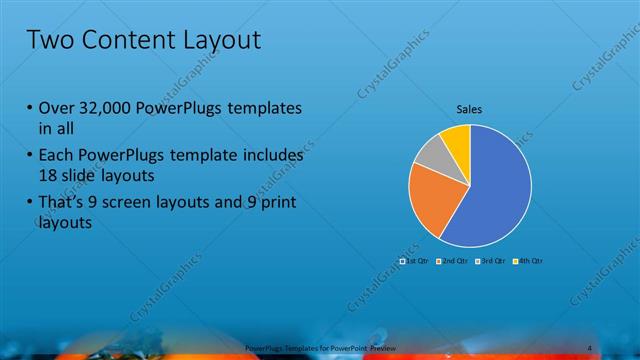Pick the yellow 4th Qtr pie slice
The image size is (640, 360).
click(x=456, y=138)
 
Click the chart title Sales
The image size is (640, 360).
click(x=470, y=109)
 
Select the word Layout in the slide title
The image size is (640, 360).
click(x=219, y=41)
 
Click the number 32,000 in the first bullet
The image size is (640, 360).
click(x=102, y=109)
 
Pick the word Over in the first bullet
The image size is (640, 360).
click(x=55, y=109)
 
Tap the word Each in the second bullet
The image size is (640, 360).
click(x=56, y=157)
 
